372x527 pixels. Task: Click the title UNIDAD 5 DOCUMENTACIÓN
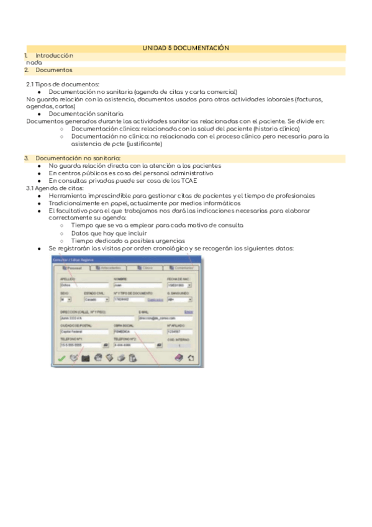pyautogui.click(x=186, y=48)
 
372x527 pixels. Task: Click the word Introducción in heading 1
pyautogui.click(x=54, y=55)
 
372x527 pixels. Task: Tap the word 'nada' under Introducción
pyautogui.click(x=34, y=63)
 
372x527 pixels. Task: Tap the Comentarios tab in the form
pyautogui.click(x=182, y=267)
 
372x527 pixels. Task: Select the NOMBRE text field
pyautogui.click(x=137, y=285)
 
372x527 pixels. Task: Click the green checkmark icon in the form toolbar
pyautogui.click(x=61, y=357)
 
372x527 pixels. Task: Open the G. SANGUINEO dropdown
pyautogui.click(x=179, y=299)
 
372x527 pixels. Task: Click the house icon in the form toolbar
pyautogui.click(x=191, y=357)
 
